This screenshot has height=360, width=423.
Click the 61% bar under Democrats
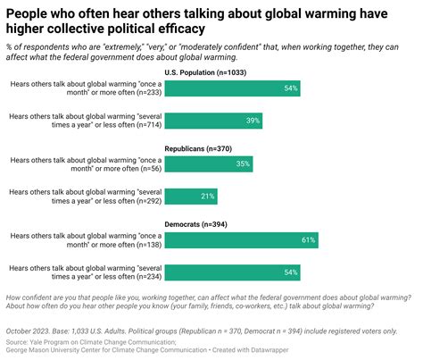click(241, 240)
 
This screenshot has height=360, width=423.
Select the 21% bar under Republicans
click(191, 196)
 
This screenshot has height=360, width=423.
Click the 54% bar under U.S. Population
click(233, 89)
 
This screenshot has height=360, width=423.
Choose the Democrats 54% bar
click(233, 272)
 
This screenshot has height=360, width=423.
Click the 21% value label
click(208, 196)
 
